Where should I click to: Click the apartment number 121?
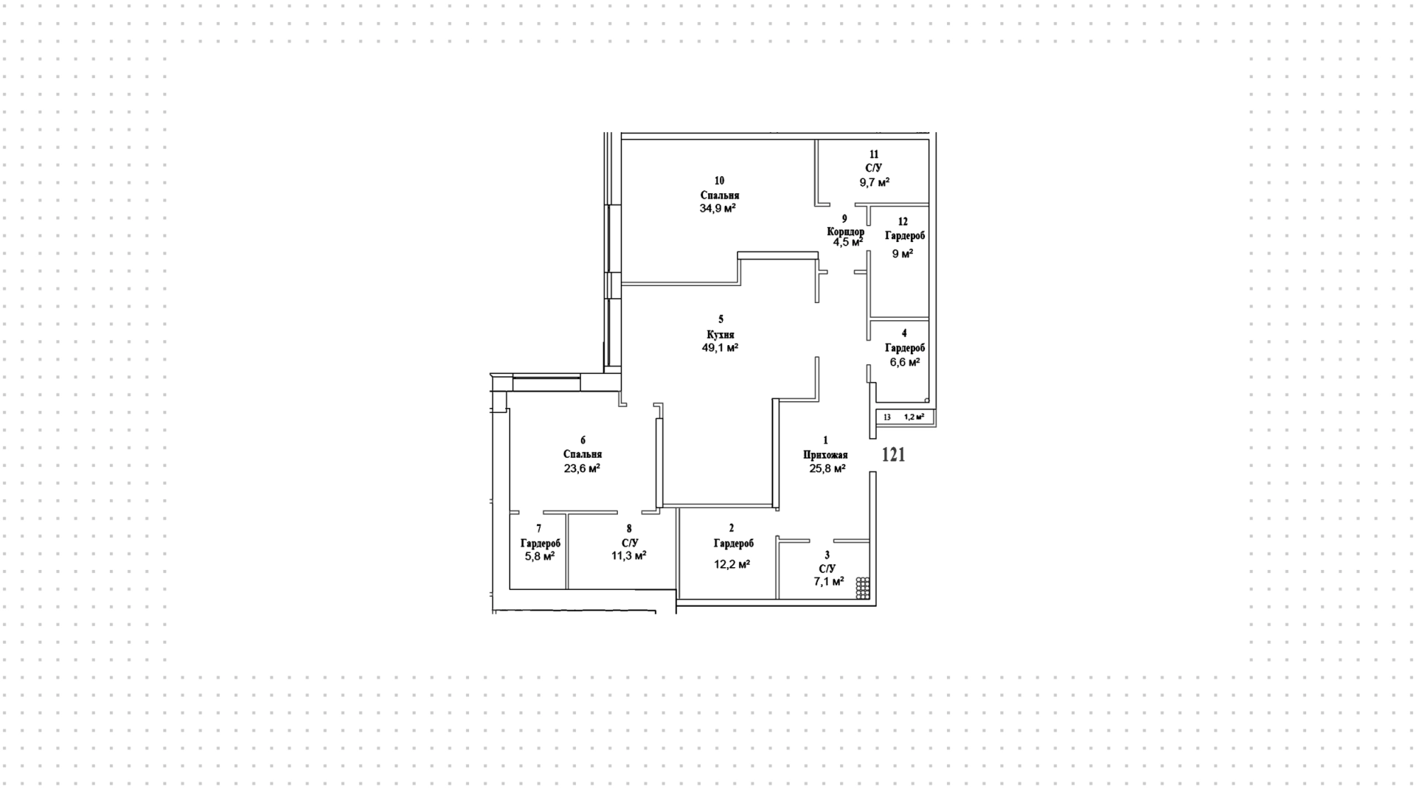[893, 455]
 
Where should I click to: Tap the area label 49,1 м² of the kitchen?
[720, 347]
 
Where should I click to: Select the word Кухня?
[720, 334]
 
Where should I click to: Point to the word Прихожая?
[825, 455]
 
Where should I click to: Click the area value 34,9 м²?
[718, 208]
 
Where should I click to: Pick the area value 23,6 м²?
[582, 468]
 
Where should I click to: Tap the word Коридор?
[845, 232]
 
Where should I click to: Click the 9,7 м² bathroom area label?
[874, 181]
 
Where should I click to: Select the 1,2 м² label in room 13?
[914, 417]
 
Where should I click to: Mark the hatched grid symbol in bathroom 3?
[863, 588]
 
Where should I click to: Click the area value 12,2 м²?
[732, 564]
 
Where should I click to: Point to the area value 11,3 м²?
[629, 555]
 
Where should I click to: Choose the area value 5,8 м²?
[539, 556]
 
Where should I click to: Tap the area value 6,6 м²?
[903, 362]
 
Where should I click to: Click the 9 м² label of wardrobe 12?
[903, 253]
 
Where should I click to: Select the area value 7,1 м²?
[828, 581]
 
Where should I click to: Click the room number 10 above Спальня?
[719, 181]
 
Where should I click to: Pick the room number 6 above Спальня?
[583, 440]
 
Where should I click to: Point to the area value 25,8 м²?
[827, 468]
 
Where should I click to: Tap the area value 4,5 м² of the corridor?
[847, 242]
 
